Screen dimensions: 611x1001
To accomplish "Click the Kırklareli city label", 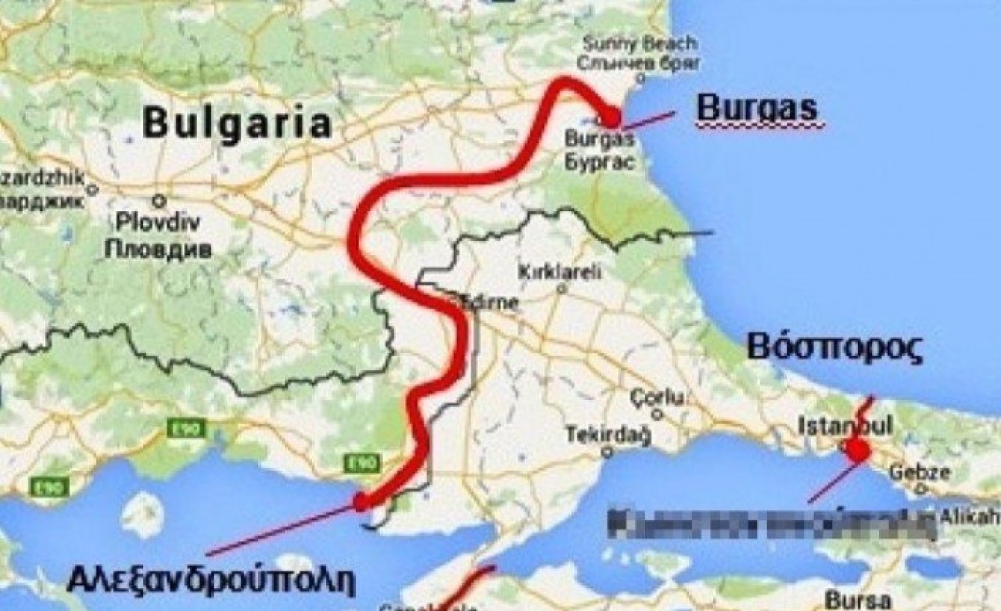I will point(561,272).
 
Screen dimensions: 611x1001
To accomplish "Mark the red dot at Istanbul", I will point(857,451).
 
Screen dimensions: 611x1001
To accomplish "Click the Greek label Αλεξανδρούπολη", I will point(211,580).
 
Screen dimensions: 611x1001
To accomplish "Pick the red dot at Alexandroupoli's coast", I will point(361,501).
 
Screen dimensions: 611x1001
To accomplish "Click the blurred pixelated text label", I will point(773,523).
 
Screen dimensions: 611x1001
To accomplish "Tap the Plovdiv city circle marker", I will point(160,199).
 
